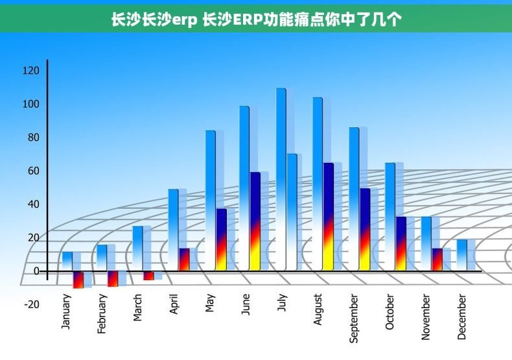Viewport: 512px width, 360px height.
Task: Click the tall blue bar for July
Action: pos(281,178)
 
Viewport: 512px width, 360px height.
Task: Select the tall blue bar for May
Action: pos(210,200)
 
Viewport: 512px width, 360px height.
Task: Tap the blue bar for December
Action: pos(461,255)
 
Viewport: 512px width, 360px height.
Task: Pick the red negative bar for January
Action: pos(78,280)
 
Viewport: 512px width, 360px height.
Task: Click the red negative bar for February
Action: pos(113,278)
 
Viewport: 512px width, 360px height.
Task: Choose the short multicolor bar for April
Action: pos(184,259)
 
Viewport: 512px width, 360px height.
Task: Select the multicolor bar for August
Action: pos(328,217)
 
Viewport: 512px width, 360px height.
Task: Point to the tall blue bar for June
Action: pos(244,188)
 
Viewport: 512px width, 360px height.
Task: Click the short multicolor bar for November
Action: pos(437,259)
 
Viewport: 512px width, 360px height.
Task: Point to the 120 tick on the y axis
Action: pos(31,71)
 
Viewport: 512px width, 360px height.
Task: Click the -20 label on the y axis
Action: pos(31,304)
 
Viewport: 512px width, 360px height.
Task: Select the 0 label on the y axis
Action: pos(36,271)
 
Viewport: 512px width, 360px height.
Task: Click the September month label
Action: pos(354,318)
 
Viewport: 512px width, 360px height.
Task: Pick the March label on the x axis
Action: pos(137,308)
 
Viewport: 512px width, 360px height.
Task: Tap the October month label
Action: pos(390,312)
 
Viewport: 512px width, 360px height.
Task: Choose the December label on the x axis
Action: pos(462,317)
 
